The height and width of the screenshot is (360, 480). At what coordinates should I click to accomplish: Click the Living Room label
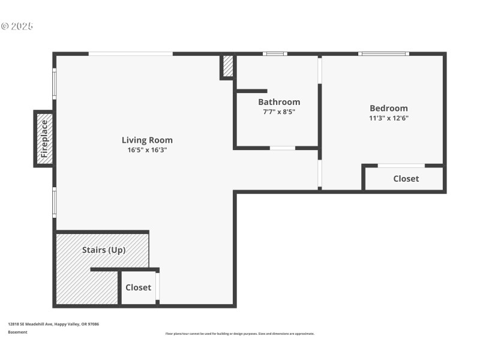[x=147, y=140]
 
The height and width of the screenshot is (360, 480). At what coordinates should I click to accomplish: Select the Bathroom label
[x=279, y=102]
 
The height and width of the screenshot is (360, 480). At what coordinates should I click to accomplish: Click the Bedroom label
[x=388, y=108]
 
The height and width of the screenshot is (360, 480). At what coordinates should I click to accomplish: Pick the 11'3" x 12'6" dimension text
[x=388, y=118]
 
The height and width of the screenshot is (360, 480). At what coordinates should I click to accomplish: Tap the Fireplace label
[x=44, y=139]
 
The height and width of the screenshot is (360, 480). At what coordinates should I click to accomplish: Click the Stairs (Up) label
[x=104, y=250]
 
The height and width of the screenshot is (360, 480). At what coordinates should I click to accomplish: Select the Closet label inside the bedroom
[x=406, y=179]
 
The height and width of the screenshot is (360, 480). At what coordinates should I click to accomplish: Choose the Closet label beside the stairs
[x=138, y=287]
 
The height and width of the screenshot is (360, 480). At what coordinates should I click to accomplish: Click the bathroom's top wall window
[x=275, y=54]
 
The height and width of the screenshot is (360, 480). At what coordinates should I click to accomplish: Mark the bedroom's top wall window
[x=384, y=54]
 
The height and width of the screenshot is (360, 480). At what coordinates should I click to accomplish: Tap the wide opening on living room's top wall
[x=131, y=54]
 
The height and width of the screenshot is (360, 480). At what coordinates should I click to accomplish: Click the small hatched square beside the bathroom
[x=228, y=66]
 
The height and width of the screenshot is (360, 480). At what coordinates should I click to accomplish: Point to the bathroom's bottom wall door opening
[x=282, y=148]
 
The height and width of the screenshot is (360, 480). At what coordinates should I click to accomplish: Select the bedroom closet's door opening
[x=401, y=166]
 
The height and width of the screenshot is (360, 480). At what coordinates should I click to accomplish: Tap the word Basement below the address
[x=17, y=332]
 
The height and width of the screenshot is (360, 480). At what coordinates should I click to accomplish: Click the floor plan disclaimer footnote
[x=239, y=334]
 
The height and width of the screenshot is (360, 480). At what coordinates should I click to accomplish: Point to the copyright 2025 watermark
[x=17, y=26]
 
